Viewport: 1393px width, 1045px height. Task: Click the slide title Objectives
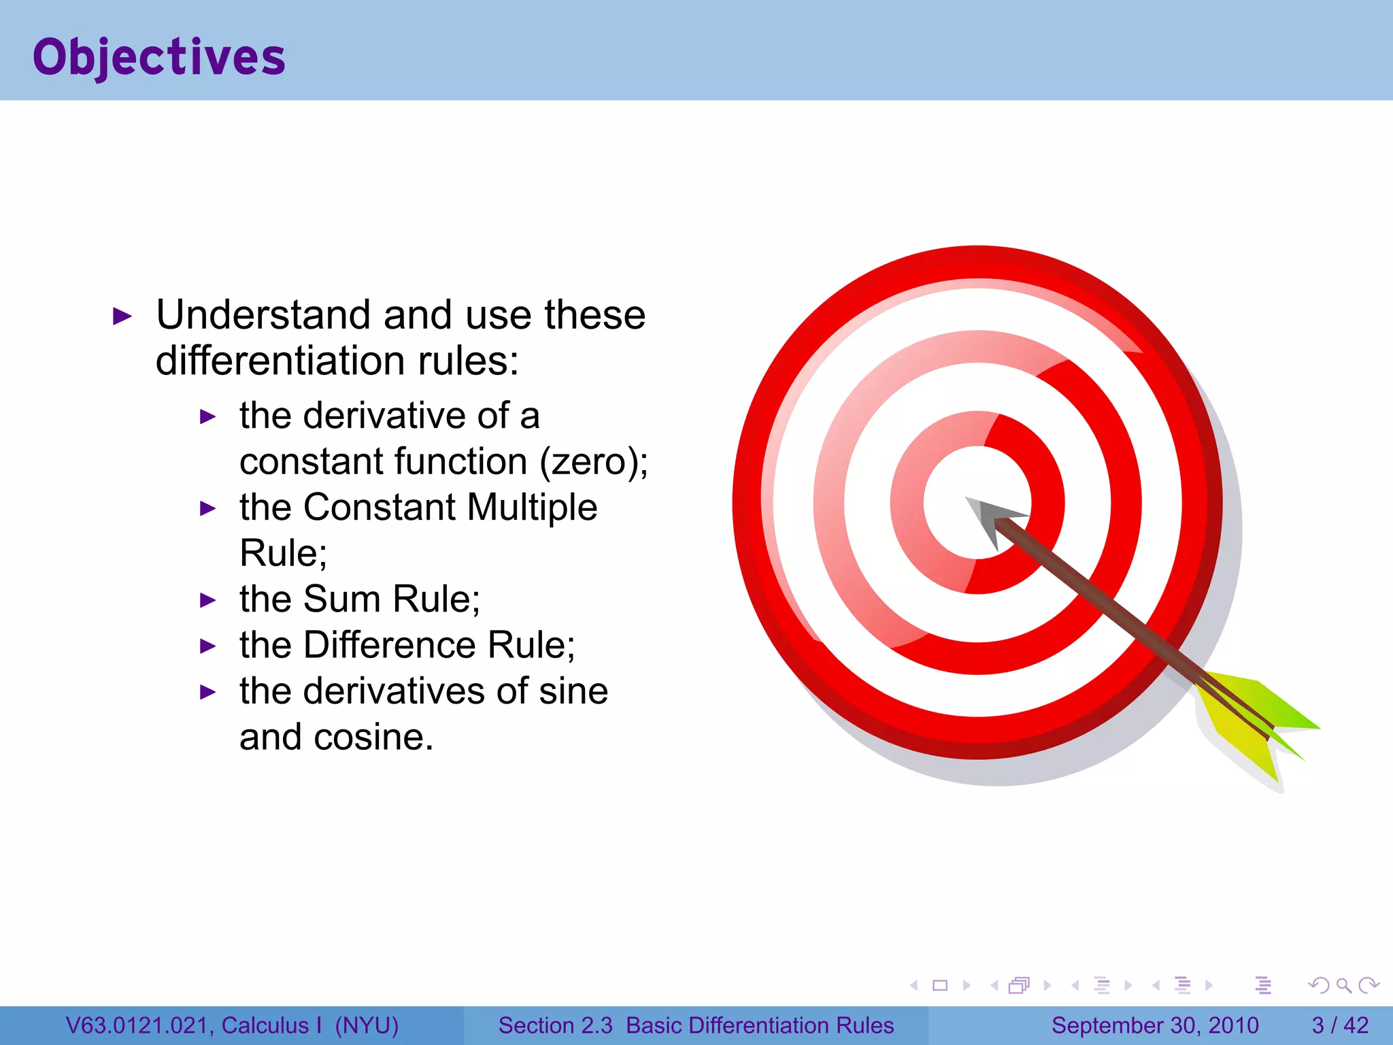pyautogui.click(x=158, y=57)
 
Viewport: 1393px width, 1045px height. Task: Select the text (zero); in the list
pyautogui.click(x=593, y=463)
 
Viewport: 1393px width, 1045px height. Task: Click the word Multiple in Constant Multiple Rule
pyautogui.click(x=532, y=508)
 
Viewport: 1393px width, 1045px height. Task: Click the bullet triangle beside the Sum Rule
pyautogui.click(x=208, y=600)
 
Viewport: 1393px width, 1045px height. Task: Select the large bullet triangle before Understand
pyautogui.click(x=122, y=316)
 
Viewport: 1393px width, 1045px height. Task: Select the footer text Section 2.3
pyautogui.click(x=555, y=1025)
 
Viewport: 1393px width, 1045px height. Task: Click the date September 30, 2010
pyautogui.click(x=1155, y=1025)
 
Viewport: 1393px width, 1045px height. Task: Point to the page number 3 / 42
pyautogui.click(x=1339, y=1025)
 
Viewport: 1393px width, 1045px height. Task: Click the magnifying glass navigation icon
pyautogui.click(x=1343, y=985)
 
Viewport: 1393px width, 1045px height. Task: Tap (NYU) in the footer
pyautogui.click(x=367, y=1025)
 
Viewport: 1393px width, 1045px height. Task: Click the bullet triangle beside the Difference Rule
pyautogui.click(x=208, y=646)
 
